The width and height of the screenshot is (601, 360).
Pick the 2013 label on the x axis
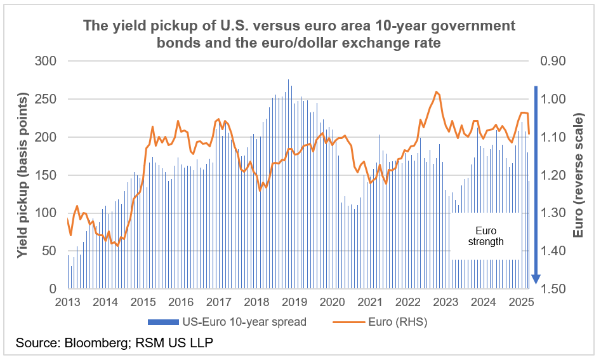tap(67, 302)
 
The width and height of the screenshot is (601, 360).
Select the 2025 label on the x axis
tap(520, 302)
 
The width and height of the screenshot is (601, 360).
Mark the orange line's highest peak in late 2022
tap(437, 92)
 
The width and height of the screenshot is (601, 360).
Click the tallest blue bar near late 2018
tap(288, 80)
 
